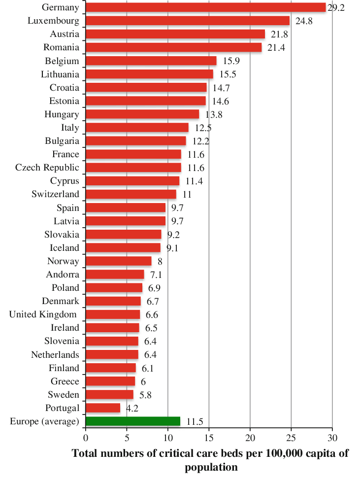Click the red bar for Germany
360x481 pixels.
205,7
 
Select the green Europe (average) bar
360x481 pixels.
133,421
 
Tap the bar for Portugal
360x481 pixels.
103,408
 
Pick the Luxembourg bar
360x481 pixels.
188,21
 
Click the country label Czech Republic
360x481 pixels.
47,167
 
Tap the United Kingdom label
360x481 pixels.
43,314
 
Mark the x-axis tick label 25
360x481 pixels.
291,437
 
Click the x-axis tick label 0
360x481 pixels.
86,437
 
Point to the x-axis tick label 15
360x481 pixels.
209,437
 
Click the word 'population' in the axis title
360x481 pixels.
211,467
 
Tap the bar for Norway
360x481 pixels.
119,261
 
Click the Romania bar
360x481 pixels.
174,47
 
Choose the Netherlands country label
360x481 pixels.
55,354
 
